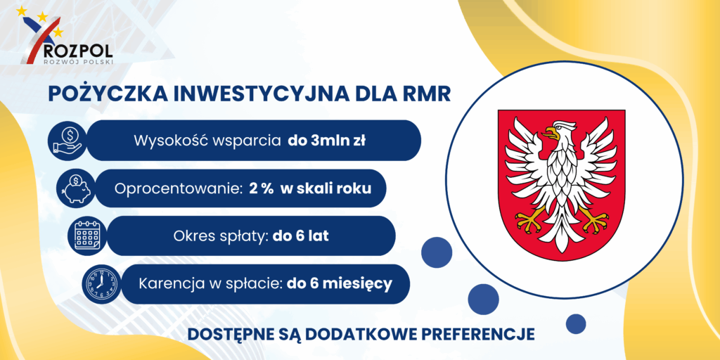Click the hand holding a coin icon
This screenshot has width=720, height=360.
[x=67, y=141]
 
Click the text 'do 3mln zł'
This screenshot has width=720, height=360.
[x=326, y=141]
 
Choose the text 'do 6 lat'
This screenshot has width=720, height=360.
[x=301, y=236]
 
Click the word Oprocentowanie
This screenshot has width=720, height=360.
[x=179, y=189]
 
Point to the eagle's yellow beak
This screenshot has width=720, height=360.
[x=551, y=133]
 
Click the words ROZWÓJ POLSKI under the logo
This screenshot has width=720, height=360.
[x=77, y=61]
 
